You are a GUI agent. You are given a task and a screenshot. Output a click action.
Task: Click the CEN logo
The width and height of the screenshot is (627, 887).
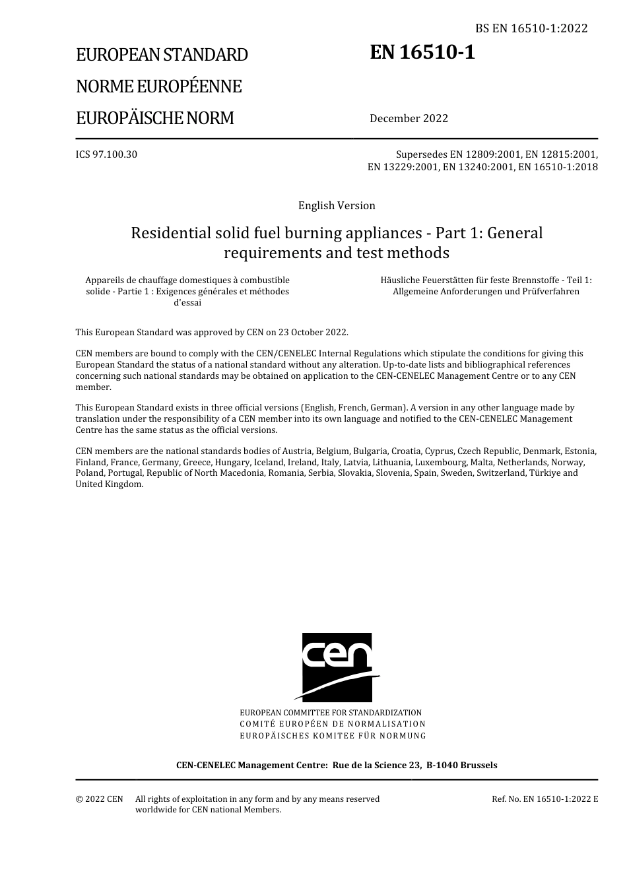point(337,667)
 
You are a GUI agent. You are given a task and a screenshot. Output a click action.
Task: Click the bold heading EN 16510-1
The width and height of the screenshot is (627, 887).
point(422,52)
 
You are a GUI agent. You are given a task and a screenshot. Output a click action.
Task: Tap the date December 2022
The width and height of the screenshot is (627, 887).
point(409,118)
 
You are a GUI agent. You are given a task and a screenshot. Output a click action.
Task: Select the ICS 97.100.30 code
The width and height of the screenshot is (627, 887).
point(106,154)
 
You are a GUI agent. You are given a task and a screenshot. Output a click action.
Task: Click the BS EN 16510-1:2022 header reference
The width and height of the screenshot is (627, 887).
point(531,28)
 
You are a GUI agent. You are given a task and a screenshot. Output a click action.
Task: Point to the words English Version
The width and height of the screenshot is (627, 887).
point(337,205)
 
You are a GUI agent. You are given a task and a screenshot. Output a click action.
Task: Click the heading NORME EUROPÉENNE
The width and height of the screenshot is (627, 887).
point(159,86)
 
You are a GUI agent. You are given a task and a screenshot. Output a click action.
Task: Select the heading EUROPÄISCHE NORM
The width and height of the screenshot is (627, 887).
point(155,118)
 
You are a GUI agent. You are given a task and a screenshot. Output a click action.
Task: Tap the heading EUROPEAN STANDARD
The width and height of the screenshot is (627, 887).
point(162,55)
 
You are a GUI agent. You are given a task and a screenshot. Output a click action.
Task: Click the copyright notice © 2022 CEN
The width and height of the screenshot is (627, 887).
point(100,799)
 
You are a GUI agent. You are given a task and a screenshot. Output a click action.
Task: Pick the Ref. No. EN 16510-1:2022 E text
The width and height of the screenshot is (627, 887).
point(544,799)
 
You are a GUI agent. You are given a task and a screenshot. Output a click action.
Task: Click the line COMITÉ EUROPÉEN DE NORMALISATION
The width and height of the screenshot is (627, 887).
point(333,724)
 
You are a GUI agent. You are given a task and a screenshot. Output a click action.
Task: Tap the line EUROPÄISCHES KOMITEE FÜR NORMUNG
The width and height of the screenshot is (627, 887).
point(333,735)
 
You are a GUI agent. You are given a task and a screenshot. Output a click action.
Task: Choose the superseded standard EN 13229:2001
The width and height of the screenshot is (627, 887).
point(402,167)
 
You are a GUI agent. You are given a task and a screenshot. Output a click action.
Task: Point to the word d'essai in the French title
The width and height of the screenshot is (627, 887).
point(187,302)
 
